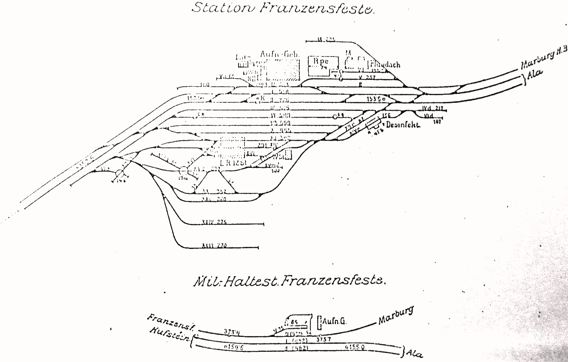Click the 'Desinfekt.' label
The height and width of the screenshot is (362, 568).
[x=403, y=125]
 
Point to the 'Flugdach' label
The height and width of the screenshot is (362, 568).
[x=385, y=65]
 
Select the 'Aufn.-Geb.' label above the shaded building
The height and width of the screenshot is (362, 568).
[x=280, y=54]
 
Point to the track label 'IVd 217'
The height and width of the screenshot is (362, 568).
[x=432, y=108]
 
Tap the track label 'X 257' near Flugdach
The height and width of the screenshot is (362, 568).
[x=365, y=78]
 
